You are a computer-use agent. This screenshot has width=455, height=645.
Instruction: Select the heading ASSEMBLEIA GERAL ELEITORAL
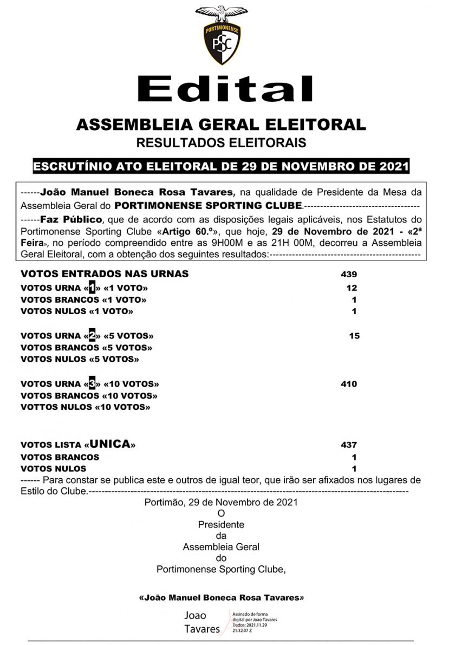tap(221, 124)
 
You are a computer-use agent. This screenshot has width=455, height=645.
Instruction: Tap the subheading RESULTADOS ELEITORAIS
tap(221, 144)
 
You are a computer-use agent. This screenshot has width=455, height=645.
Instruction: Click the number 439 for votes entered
tap(349, 274)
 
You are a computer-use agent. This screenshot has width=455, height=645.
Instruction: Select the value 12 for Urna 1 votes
tap(352, 288)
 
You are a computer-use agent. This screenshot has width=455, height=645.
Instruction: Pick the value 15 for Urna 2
tap(354, 336)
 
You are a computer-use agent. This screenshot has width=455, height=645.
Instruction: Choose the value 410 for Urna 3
tap(349, 384)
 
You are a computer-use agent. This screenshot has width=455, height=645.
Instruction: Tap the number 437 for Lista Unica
tap(349, 445)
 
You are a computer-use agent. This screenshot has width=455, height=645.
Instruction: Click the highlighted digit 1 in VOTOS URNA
tap(92, 288)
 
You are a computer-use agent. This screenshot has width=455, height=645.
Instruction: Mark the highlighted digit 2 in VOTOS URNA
tap(92, 336)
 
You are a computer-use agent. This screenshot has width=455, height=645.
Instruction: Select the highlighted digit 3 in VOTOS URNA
tap(92, 384)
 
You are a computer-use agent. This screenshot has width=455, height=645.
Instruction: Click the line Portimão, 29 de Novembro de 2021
tap(221, 503)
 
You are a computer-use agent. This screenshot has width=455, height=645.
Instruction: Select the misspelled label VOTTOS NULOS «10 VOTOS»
tap(86, 407)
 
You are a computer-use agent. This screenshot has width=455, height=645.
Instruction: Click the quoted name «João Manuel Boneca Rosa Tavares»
tap(221, 598)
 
